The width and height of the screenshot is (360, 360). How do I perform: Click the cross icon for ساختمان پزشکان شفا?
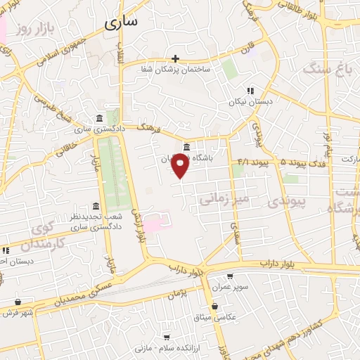(175, 58)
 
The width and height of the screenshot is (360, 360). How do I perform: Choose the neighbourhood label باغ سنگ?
(321, 69)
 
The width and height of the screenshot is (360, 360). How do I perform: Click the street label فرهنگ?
(151, 129)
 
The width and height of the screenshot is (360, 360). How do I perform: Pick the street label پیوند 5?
(275, 162)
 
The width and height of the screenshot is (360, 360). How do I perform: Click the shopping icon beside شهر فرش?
(18, 302)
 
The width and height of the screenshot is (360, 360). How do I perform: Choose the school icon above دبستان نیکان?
(250, 90)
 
